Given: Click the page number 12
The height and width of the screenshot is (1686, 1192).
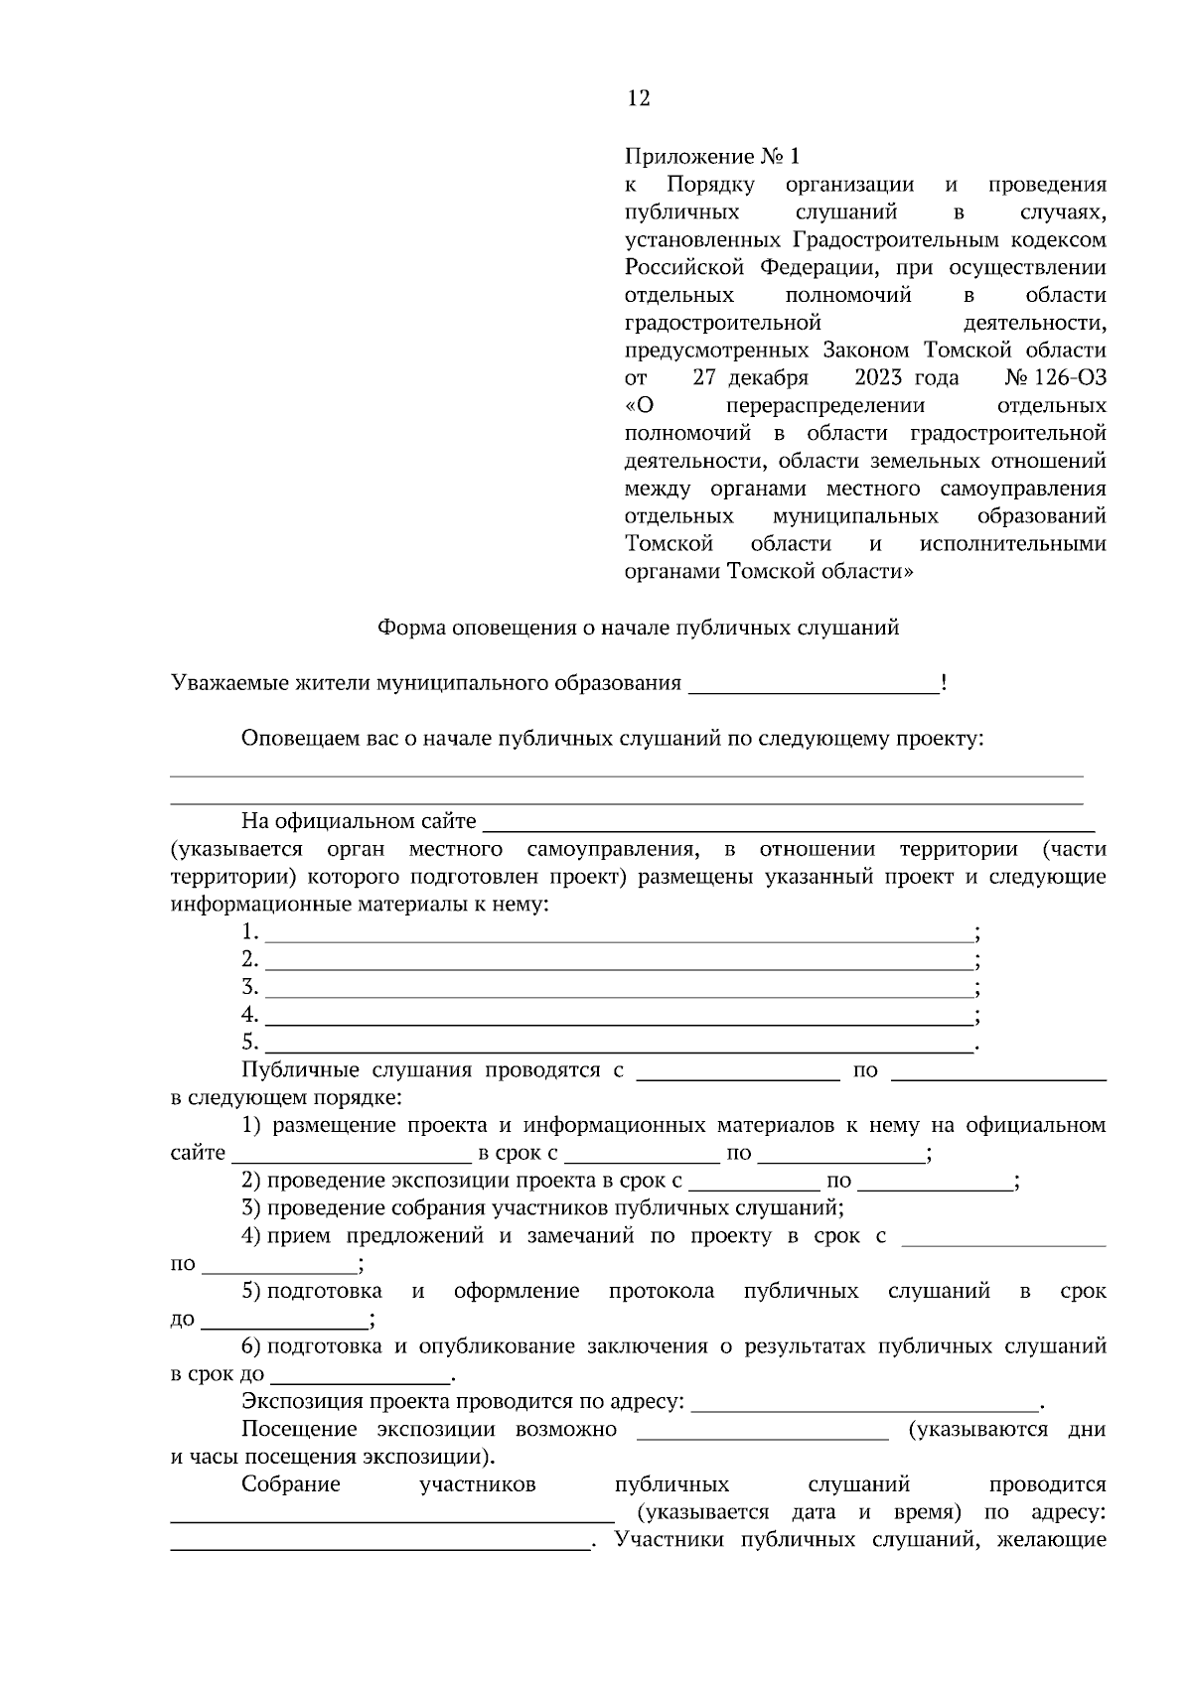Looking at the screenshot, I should tap(639, 98).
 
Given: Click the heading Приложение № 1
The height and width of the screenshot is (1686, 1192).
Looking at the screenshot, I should tap(711, 157).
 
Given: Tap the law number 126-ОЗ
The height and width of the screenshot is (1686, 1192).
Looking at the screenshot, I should tap(1069, 378).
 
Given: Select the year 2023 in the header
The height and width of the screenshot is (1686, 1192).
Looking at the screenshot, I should tap(877, 378).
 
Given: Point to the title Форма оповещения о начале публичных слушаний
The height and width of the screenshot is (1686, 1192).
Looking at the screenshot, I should tap(638, 628).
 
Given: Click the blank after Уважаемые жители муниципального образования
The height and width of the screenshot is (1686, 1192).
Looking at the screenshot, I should tap(813, 685).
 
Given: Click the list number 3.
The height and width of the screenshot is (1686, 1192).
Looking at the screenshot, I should tap(249, 988).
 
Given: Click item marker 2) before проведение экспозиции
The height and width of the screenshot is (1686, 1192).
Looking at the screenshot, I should tap(251, 1182).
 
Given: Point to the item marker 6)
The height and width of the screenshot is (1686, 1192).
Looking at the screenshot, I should tap(251, 1347).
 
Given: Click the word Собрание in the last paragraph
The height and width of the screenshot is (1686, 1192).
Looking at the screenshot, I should tap(290, 1485).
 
